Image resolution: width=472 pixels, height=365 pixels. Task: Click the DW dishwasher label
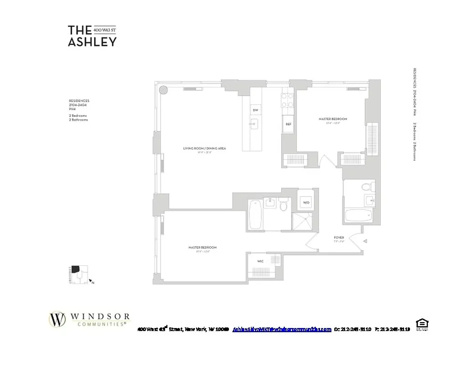click(255, 110)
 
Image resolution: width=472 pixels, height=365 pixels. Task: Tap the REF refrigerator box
click(288, 124)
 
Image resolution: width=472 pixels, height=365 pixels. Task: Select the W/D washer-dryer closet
click(305, 202)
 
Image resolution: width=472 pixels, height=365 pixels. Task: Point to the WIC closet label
click(260, 261)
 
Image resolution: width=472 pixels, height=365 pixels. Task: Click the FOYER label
click(338, 237)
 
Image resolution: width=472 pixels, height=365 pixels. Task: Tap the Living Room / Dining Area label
click(204, 148)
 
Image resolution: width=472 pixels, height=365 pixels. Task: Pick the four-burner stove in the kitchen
click(287, 100)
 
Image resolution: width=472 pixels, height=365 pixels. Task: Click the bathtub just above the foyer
click(359, 215)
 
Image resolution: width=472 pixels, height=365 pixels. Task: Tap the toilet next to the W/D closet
click(283, 205)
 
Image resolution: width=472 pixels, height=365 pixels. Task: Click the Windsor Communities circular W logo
click(57, 319)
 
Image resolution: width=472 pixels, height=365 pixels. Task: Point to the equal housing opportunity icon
click(422, 324)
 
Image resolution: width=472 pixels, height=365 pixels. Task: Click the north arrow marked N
click(91, 282)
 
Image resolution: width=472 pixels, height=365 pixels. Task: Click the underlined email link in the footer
click(282, 329)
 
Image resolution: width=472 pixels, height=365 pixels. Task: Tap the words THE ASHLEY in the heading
click(92, 36)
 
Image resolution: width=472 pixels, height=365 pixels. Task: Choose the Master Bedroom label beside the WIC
click(202, 247)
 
